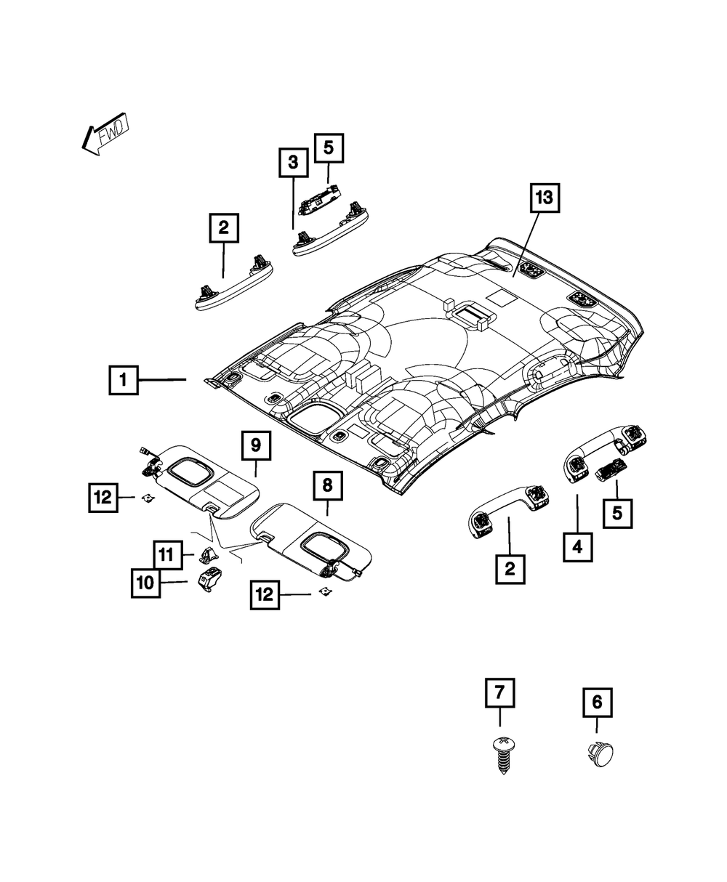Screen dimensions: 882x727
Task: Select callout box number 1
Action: [124, 380]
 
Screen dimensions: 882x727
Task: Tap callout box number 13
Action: [545, 198]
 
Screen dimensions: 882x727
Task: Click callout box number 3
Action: [293, 163]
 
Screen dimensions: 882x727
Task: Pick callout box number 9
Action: [256, 446]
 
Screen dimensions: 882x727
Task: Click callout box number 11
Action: [166, 556]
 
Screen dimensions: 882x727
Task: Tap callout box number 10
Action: [145, 582]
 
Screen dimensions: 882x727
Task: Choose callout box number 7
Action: [499, 693]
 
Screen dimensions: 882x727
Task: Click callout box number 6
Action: [597, 703]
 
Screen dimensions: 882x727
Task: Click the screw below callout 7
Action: [500, 753]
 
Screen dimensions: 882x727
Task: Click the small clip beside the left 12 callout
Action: [148, 497]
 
